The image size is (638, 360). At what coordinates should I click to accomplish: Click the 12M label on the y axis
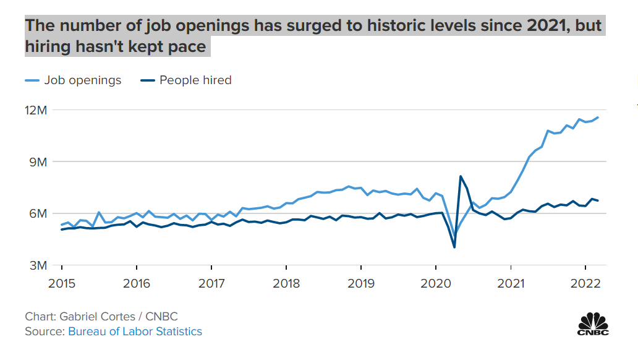(36, 110)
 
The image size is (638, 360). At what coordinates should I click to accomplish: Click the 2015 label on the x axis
(62, 283)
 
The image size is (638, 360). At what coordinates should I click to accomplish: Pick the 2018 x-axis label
(286, 283)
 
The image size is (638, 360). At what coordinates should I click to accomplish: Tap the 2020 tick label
(436, 283)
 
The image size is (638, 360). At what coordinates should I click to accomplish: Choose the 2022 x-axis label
(585, 283)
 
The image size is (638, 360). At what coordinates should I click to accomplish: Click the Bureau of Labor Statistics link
(135, 332)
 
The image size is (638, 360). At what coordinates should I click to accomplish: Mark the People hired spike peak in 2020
(461, 176)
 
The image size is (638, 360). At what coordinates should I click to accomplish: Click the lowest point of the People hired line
(454, 247)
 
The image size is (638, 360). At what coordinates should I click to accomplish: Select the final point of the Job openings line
(598, 118)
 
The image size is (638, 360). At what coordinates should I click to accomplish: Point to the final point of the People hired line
(598, 200)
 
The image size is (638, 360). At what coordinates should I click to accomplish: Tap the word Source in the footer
(43, 332)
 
